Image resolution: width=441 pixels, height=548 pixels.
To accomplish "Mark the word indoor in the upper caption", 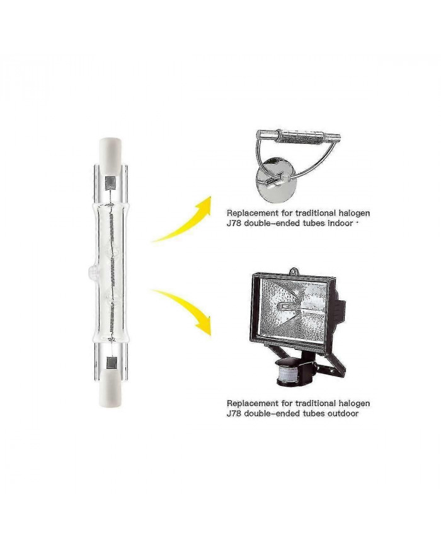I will (339, 223).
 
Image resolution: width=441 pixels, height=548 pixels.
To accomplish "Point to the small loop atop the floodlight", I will (292, 272).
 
